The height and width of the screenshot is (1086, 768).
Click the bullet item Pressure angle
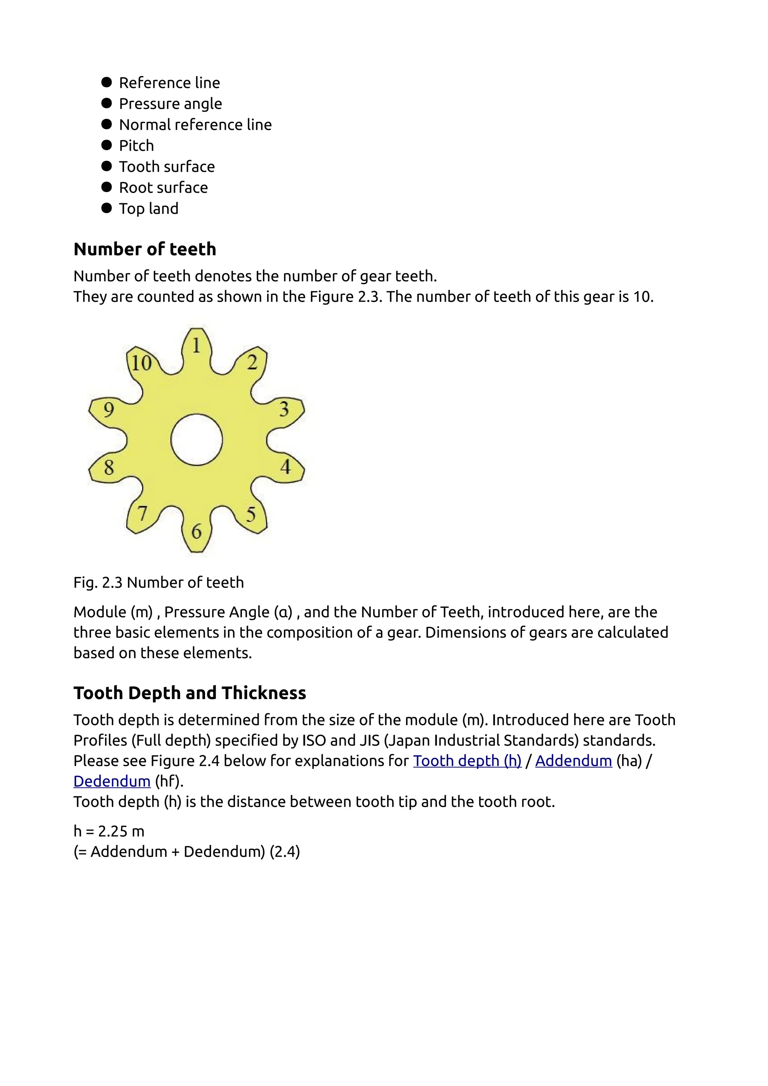tap(170, 103)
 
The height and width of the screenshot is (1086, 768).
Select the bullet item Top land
tap(148, 208)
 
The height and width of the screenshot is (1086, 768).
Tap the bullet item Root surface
tap(163, 188)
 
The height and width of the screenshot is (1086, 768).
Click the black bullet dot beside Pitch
tap(106, 145)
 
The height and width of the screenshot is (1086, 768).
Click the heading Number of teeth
tap(145, 249)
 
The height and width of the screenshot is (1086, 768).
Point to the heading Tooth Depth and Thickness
tap(190, 693)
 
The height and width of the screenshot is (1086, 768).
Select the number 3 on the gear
tap(284, 409)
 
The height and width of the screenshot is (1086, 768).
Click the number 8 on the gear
tap(109, 468)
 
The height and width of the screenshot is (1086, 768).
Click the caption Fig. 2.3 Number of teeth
tap(158, 582)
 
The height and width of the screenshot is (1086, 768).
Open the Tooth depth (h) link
tap(467, 760)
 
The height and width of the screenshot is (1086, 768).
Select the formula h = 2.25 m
tap(109, 831)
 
